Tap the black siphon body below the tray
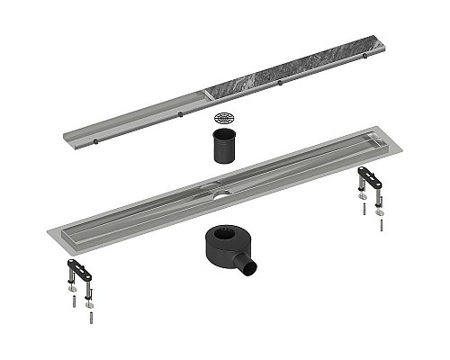(x=220, y=247)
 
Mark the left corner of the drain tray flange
(x=42, y=233)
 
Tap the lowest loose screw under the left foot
(x=89, y=317)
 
